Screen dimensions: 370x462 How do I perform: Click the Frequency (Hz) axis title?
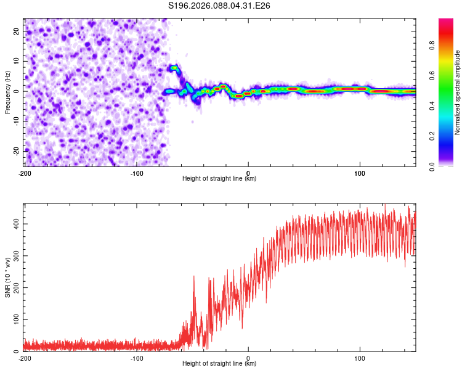(7, 92)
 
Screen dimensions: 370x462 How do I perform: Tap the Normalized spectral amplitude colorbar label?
(458, 92)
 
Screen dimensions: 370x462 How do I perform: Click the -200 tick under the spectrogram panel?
(25, 173)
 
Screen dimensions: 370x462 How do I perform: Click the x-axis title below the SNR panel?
(220, 364)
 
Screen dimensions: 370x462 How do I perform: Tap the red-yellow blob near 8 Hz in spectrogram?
(174, 67)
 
